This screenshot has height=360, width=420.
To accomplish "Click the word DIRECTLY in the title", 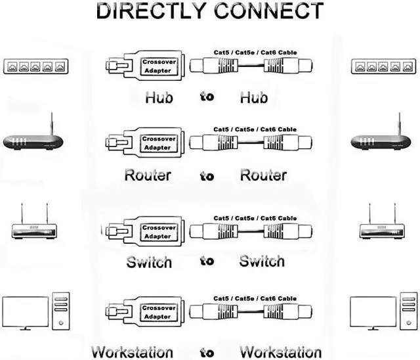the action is (152, 11).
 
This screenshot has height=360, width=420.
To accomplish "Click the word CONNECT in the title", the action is (269, 11).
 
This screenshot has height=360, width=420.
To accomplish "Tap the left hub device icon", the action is (36, 66).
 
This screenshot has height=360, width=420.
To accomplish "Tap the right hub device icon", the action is (383, 66).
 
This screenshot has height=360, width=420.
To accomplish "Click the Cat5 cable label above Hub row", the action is (255, 53).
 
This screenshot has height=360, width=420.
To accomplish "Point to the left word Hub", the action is (159, 97).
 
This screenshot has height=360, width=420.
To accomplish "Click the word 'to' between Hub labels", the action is (207, 97).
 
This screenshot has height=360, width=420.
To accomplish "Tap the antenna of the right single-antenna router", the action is (400, 124).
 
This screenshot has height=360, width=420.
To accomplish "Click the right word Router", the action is (264, 175).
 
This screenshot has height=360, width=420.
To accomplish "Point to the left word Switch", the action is (149, 262).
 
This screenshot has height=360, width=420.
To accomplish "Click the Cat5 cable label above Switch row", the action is (255, 218).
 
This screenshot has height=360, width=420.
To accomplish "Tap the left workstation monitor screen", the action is (26, 312).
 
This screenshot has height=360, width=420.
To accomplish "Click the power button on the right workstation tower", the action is (408, 323).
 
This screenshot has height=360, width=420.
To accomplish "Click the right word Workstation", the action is (281, 352).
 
